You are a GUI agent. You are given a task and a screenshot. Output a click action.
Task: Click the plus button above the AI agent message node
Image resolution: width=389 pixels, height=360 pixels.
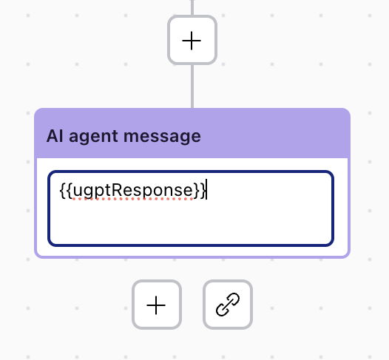(192, 40)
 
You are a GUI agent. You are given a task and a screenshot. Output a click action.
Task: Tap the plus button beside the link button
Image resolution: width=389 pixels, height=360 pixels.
(157, 305)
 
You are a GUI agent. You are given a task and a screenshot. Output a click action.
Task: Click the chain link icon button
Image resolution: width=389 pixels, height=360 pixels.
(228, 305)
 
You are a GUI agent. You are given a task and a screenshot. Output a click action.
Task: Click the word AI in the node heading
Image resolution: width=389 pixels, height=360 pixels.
(55, 136)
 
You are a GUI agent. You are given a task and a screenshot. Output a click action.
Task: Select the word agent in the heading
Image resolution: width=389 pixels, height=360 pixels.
(93, 137)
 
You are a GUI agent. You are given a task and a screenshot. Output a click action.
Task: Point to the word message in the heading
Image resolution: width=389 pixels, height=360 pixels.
(162, 137)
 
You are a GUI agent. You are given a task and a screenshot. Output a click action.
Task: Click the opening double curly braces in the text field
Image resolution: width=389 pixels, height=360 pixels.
(66, 191)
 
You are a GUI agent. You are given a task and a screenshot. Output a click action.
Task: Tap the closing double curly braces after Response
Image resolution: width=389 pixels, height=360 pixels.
(200, 191)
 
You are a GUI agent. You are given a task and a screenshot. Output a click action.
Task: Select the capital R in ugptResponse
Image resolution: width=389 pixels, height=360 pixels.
(118, 190)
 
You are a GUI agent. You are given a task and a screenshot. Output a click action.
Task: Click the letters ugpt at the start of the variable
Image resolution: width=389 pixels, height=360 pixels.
(92, 191)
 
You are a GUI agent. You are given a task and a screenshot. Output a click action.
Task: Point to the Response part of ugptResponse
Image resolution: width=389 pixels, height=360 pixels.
(153, 191)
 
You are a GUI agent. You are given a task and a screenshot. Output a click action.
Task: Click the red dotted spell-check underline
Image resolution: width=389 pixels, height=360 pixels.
(132, 199)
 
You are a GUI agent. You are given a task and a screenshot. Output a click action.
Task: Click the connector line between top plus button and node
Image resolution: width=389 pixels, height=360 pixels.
(192, 86)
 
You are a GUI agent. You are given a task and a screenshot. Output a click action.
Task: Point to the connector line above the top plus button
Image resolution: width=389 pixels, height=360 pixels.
(192, 7)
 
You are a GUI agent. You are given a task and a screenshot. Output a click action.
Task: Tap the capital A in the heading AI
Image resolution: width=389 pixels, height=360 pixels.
(52, 136)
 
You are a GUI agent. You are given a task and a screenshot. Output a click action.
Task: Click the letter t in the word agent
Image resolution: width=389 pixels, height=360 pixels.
(115, 137)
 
